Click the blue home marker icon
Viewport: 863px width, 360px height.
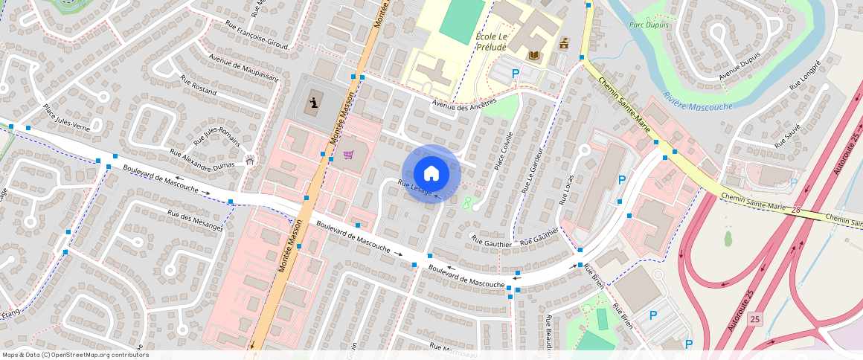click(x=431, y=173)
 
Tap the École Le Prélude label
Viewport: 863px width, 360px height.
click(x=491, y=42)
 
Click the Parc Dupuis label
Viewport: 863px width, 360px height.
click(x=649, y=25)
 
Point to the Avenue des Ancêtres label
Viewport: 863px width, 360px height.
click(x=464, y=107)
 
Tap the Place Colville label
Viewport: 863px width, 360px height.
click(x=504, y=151)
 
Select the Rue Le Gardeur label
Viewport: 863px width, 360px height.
click(x=534, y=169)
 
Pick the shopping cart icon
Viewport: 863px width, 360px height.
click(x=348, y=155)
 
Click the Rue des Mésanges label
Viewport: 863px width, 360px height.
click(x=195, y=220)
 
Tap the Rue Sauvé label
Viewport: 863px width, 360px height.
click(x=787, y=136)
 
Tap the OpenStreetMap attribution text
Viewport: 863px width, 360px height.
click(x=75, y=355)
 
